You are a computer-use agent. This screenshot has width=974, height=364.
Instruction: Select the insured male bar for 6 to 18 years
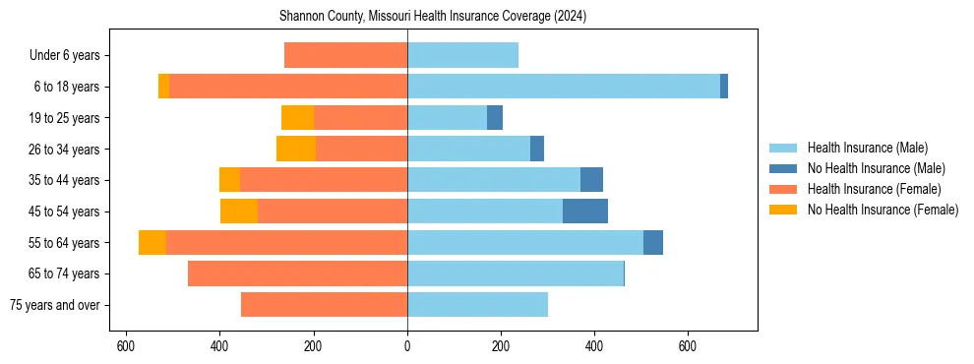point(563,87)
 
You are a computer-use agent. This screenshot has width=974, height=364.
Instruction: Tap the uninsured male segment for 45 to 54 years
point(585,212)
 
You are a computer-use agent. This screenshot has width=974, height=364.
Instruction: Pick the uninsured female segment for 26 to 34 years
point(296,150)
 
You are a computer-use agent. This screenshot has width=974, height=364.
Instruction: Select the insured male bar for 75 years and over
point(477,305)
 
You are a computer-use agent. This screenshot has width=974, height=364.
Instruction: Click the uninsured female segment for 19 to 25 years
point(297,118)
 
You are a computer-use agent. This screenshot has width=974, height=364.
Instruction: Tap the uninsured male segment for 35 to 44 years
point(591,180)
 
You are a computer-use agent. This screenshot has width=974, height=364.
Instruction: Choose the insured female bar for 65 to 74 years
point(297,273)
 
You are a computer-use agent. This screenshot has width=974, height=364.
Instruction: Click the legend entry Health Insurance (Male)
point(867,148)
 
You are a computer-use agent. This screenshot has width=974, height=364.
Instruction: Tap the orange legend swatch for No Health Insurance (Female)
point(783,210)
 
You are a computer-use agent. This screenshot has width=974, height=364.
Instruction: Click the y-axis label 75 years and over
point(54,305)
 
